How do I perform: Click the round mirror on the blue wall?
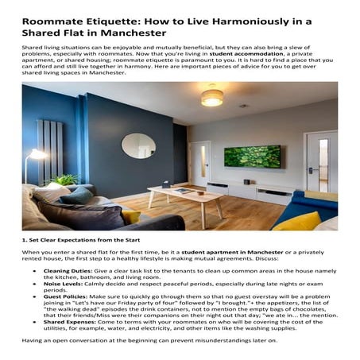click(138, 145)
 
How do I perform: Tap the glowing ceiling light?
click(212, 98)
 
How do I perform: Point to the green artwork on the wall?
click(252, 156)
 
